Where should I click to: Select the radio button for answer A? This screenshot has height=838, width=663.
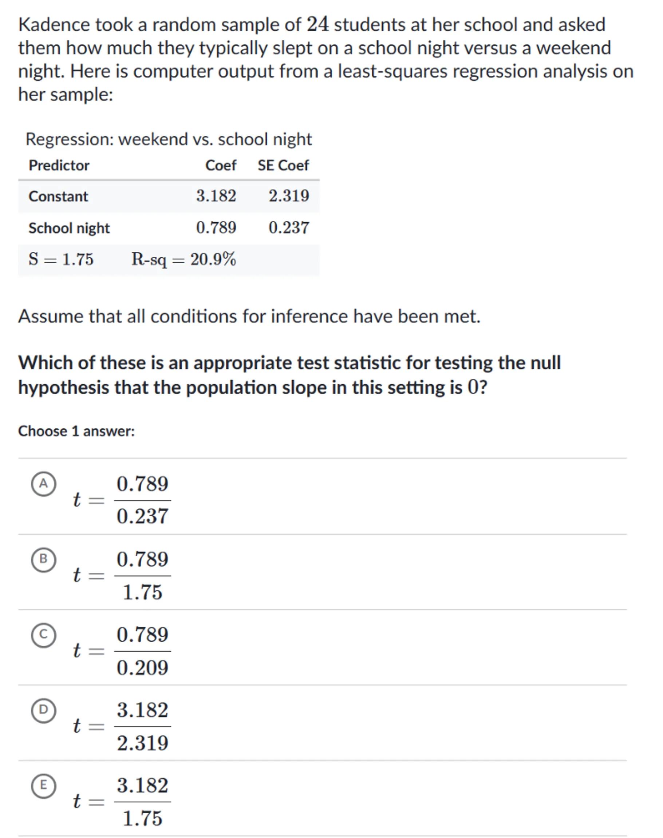tap(43, 484)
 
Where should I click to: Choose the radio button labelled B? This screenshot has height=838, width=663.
tap(43, 559)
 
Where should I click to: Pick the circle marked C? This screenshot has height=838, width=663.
tap(43, 635)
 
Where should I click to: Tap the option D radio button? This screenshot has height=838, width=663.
tap(43, 710)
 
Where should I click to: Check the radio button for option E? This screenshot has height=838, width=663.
tap(43, 785)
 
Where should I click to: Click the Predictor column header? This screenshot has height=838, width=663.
tap(59, 166)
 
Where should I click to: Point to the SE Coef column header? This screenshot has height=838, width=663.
tap(283, 166)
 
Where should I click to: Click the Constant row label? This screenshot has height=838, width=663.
tap(58, 196)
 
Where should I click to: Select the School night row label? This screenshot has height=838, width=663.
tap(69, 228)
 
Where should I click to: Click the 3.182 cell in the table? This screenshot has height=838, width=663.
tap(216, 196)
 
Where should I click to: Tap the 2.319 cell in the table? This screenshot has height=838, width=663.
tap(289, 196)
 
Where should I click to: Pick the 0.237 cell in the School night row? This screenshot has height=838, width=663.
tap(289, 228)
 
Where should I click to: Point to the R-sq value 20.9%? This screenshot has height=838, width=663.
tap(183, 259)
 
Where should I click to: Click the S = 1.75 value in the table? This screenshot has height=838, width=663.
tap(61, 259)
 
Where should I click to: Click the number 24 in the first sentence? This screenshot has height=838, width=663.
tap(317, 24)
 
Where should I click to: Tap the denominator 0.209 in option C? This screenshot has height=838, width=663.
tap(142, 668)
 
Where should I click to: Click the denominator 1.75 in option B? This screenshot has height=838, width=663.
tap(142, 592)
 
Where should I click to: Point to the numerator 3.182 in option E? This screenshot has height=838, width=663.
tap(142, 786)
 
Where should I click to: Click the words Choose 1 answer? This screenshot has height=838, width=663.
tap(76, 432)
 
